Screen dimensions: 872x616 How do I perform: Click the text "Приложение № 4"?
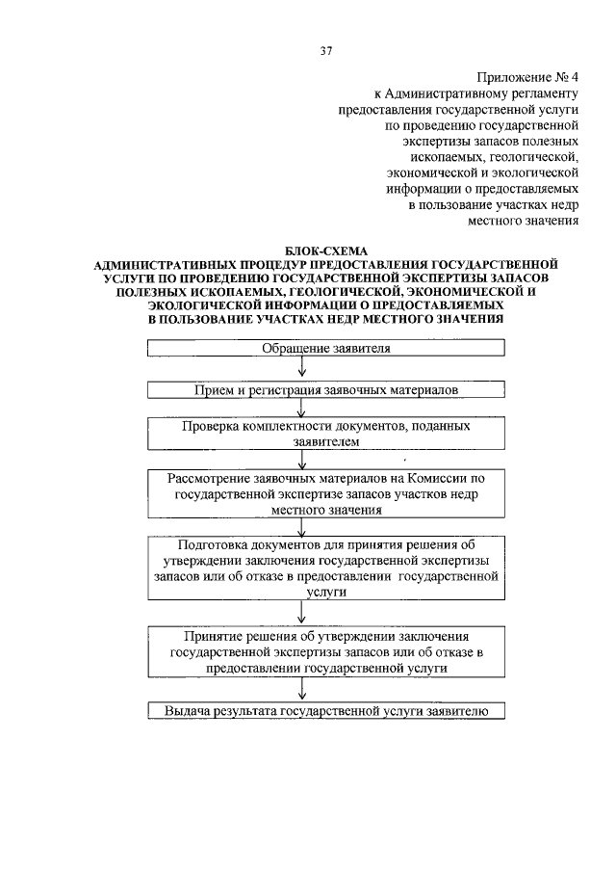527,77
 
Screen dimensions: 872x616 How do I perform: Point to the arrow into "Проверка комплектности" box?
303,408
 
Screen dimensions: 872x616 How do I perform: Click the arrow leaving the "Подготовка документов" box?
303,614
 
